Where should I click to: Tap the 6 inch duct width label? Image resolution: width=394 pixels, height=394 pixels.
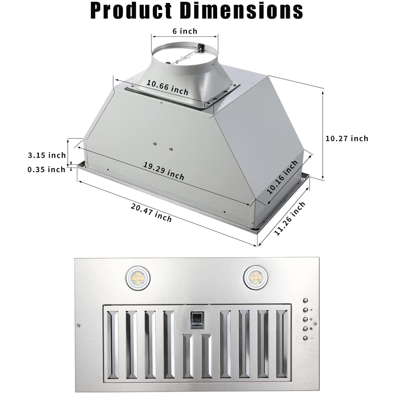(185, 31)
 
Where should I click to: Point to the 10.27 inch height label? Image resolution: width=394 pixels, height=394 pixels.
(347, 138)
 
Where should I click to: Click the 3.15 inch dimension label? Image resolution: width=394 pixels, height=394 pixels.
(47, 155)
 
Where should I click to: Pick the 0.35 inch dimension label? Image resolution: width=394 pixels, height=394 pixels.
(46, 169)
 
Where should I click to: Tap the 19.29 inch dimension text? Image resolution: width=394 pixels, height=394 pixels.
(164, 171)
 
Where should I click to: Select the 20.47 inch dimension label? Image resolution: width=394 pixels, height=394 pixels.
(151, 212)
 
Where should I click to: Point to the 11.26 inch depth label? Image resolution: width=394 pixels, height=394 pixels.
(290, 219)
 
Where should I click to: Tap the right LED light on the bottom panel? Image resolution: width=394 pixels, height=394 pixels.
(254, 278)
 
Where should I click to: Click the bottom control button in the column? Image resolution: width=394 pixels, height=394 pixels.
(305, 339)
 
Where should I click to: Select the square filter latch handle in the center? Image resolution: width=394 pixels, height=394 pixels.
(196, 320)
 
